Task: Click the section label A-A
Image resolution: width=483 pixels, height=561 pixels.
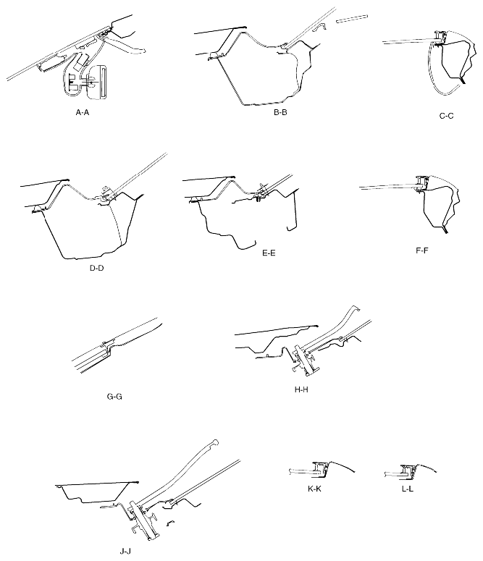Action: [x=82, y=112]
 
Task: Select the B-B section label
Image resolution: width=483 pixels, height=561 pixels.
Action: [x=280, y=112]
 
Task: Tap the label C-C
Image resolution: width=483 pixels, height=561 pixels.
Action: [x=446, y=116]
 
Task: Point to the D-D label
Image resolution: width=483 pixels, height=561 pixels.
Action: [x=96, y=268]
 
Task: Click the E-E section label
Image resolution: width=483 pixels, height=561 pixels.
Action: [x=269, y=253]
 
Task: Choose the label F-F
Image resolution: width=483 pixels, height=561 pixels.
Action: [x=421, y=250]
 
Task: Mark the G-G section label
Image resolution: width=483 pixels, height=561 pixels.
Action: [x=114, y=397]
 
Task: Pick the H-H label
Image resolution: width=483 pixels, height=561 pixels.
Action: [x=301, y=389]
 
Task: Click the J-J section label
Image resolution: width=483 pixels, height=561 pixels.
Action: [x=125, y=552]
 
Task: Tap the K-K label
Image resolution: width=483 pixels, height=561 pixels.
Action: [x=314, y=489]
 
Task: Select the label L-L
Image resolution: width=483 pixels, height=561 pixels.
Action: [x=408, y=489]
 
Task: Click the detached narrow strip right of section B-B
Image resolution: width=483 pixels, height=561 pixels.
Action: [x=352, y=19]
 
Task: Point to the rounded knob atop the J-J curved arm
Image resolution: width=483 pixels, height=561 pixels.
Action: [x=215, y=442]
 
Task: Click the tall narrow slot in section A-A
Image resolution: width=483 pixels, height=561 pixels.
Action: [x=104, y=83]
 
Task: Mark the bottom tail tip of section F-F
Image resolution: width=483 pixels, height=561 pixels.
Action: [x=447, y=232]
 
